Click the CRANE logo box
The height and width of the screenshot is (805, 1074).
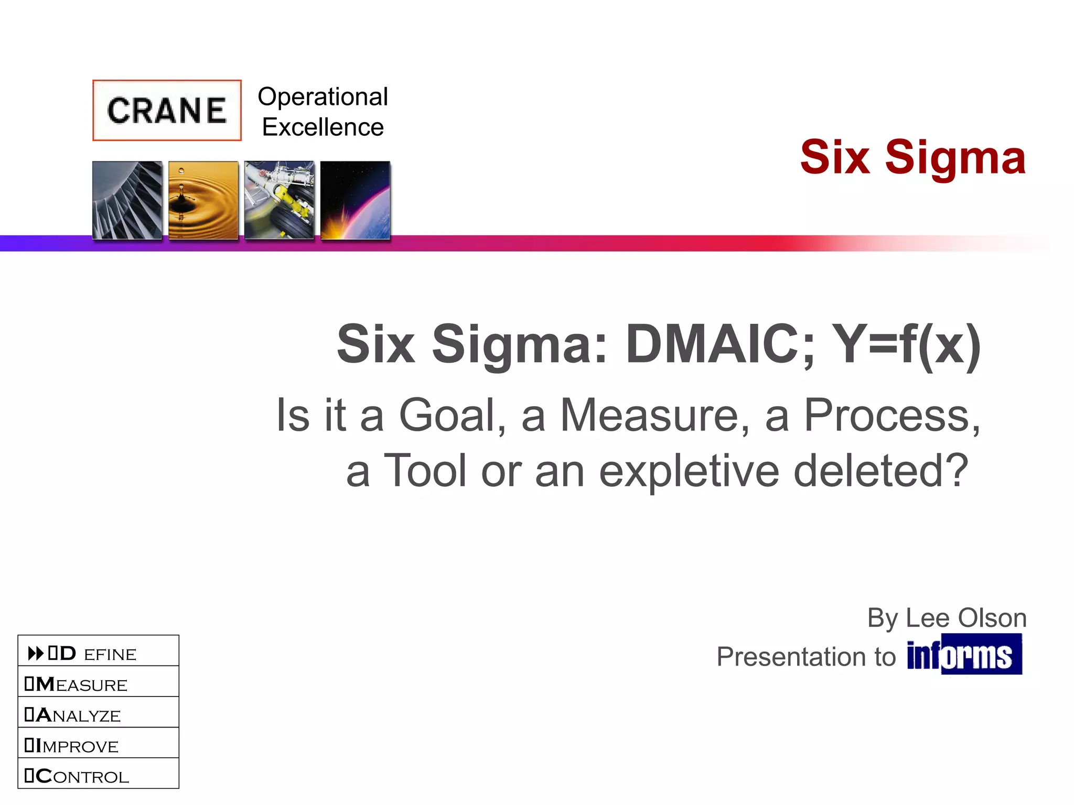pyautogui.click(x=167, y=110)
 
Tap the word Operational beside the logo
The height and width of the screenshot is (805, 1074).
pyautogui.click(x=323, y=97)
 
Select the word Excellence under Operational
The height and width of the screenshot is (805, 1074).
pyautogui.click(x=323, y=127)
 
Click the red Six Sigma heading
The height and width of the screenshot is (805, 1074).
pyautogui.click(x=912, y=157)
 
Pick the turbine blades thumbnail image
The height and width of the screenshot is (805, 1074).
pyautogui.click(x=127, y=200)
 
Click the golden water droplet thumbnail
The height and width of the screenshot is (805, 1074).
pyautogui.click(x=203, y=200)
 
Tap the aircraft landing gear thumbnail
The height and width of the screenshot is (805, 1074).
pyautogui.click(x=279, y=200)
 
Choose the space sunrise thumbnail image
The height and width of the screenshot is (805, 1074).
pyautogui.click(x=355, y=200)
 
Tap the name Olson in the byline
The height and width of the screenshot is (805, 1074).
pyautogui.click(x=992, y=618)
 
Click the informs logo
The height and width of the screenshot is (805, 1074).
pyautogui.click(x=964, y=655)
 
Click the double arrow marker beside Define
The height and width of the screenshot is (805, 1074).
pyautogui.click(x=36, y=654)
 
